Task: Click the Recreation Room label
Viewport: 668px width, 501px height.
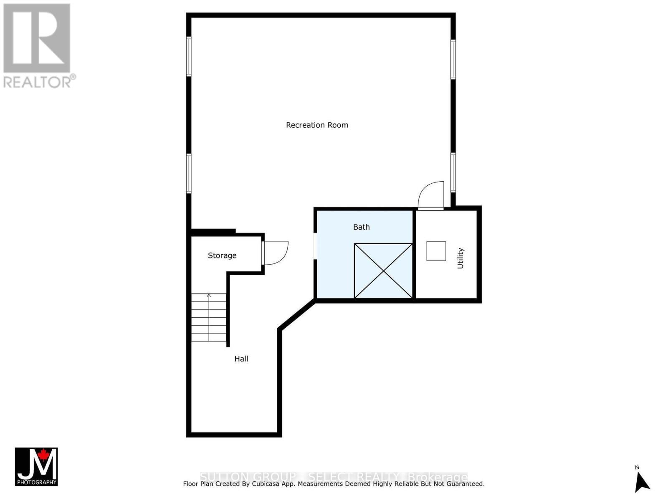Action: (317, 125)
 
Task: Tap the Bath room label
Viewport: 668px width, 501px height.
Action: (362, 227)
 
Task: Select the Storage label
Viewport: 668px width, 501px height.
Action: (222, 256)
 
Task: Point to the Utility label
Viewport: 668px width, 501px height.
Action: (461, 258)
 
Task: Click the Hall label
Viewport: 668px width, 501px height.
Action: (241, 359)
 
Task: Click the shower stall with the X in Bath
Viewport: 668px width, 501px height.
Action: (383, 271)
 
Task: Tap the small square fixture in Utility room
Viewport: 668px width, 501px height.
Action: (436, 251)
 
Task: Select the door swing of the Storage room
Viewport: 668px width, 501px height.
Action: (276, 253)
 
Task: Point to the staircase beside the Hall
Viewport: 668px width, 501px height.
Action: (209, 317)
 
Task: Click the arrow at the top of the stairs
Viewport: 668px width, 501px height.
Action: (209, 296)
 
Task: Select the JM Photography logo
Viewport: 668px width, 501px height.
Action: (36, 466)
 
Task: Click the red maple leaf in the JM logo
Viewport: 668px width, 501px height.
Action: (43, 455)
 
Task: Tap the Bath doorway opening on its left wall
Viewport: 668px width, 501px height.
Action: (315, 246)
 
